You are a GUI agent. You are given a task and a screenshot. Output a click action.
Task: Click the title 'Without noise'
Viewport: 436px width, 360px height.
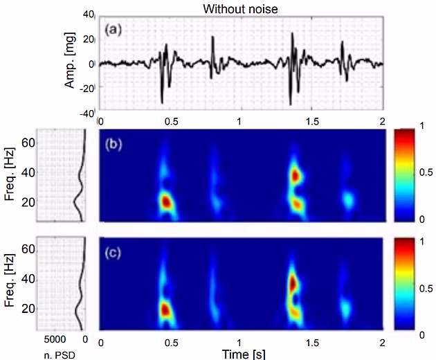(x=237, y=8)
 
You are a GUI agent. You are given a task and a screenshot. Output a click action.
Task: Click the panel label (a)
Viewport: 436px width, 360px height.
(x=114, y=30)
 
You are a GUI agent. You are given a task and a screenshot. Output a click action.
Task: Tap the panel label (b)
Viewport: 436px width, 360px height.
(x=114, y=146)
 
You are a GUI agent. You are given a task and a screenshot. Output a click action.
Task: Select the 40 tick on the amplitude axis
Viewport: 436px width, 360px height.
(x=88, y=14)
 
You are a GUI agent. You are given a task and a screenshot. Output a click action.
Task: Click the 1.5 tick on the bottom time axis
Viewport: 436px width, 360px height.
(x=311, y=343)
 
